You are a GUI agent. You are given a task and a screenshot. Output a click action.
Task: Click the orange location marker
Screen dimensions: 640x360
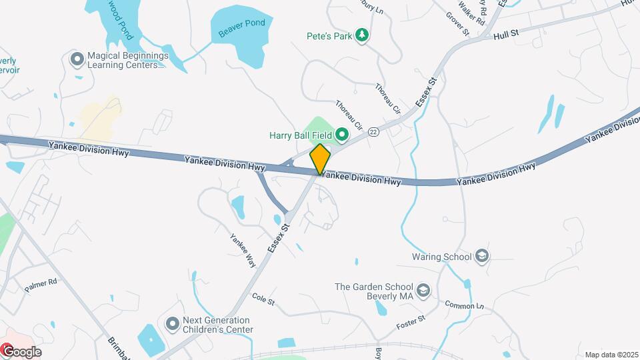pyautogui.click(x=321, y=159)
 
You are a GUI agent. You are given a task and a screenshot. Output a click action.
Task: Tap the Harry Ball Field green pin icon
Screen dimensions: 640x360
pyautogui.click(x=343, y=135)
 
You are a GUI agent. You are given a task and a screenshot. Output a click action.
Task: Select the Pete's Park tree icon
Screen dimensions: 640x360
pyautogui.click(x=362, y=35)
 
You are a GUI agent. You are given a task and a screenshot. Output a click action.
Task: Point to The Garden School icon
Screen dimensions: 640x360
pyautogui.click(x=423, y=291)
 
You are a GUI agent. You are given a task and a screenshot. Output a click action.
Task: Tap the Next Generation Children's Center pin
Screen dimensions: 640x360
pyautogui.click(x=173, y=324)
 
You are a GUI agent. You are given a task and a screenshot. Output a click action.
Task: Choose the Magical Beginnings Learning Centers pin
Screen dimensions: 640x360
pyautogui.click(x=77, y=59)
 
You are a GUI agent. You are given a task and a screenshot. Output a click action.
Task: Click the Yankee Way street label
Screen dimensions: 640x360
pyautogui.click(x=243, y=250)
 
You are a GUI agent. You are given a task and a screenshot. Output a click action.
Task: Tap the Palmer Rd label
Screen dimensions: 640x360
pyautogui.click(x=41, y=285)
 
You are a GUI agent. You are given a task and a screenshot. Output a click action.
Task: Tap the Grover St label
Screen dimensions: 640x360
pyautogui.click(x=459, y=23)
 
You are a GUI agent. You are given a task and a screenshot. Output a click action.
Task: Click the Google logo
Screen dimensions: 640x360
pyautogui.click(x=21, y=351)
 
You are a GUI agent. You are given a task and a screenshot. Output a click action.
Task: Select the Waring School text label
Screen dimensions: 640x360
pyautogui.click(x=441, y=257)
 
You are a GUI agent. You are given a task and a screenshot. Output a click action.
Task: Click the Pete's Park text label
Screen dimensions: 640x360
pyautogui.click(x=329, y=36)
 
